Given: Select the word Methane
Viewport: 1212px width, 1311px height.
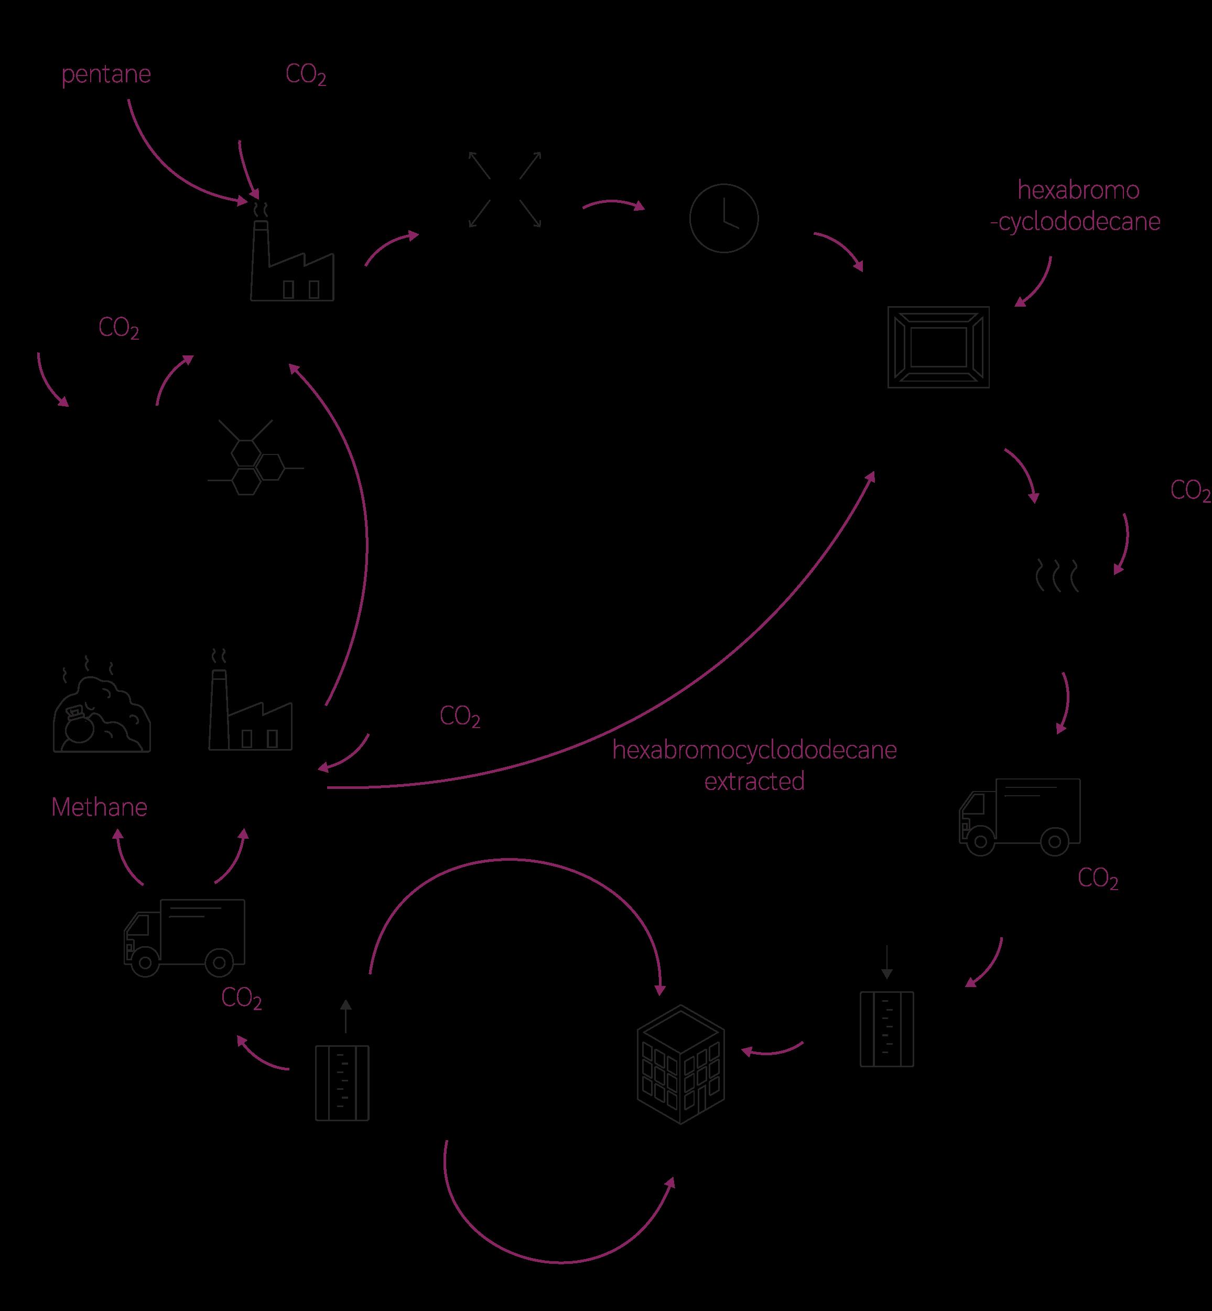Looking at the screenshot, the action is [x=99, y=807].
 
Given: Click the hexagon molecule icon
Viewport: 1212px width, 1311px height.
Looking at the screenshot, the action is [x=254, y=458].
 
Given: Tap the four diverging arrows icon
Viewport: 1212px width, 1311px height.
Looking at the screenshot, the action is [x=504, y=190].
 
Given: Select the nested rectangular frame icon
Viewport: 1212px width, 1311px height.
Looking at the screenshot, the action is [x=938, y=347].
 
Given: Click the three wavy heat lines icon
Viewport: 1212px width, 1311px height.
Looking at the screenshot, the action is [x=1056, y=575].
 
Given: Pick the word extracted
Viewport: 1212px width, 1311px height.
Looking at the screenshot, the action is [x=754, y=781].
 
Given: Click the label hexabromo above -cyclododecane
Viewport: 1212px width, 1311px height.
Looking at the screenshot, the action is [x=1078, y=190].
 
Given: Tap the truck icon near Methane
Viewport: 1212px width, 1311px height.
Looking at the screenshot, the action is [x=185, y=937].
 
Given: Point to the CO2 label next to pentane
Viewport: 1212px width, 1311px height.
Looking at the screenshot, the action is [x=306, y=75].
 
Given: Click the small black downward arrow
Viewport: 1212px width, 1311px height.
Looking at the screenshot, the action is [x=886, y=962].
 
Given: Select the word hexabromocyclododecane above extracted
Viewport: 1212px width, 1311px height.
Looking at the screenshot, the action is [x=754, y=750].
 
